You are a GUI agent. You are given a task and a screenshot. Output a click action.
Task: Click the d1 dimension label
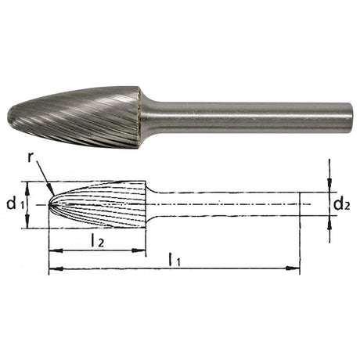16,204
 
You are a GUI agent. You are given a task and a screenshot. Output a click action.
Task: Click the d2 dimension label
341,204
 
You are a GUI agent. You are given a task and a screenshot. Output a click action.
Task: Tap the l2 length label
98,241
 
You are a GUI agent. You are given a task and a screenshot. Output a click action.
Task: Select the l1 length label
175,260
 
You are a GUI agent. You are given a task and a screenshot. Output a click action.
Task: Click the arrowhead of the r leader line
51,190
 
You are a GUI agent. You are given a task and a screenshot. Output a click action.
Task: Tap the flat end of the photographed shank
351,119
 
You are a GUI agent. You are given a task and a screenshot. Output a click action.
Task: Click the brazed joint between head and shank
140,117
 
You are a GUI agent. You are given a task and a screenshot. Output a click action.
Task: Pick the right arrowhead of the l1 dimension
292,268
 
